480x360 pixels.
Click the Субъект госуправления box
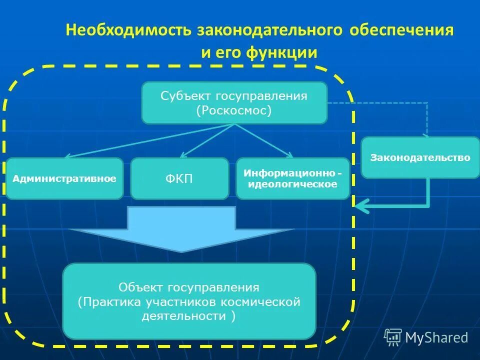pyautogui.click(x=234, y=102)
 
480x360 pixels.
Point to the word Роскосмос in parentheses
pyautogui.click(x=234, y=110)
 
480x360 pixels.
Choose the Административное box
pyautogui.click(x=64, y=178)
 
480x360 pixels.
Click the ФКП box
pyautogui.click(x=179, y=178)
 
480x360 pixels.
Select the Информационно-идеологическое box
pyautogui.click(x=292, y=178)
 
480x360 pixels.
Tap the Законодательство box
pyautogui.click(x=420, y=157)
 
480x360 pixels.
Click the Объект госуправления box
pyautogui.click(x=189, y=301)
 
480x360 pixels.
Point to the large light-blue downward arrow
pyautogui.click(x=181, y=227)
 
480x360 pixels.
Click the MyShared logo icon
pyautogui.click(x=392, y=337)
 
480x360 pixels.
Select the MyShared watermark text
pyautogui.click(x=436, y=338)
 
